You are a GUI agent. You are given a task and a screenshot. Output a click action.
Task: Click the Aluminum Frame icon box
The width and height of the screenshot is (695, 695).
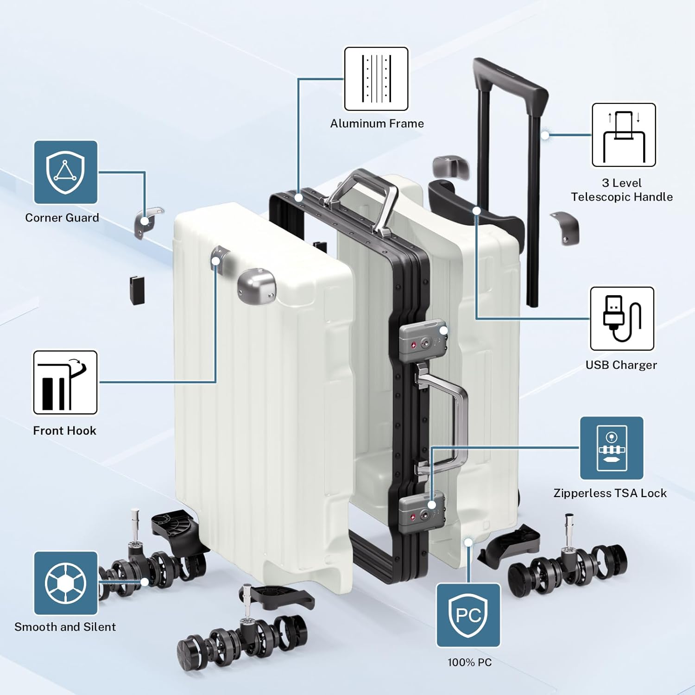coord(376,79)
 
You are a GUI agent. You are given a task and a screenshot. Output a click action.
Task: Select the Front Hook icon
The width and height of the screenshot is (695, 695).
coord(65,382)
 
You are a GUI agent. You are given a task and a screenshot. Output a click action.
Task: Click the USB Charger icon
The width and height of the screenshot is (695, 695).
coord(622,319)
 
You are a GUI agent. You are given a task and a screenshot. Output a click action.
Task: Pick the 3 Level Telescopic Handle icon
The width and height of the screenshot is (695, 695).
coord(624,135)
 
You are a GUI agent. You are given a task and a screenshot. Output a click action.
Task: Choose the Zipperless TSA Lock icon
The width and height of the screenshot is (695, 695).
coord(612,448)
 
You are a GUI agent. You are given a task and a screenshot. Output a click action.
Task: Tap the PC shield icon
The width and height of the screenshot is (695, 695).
coord(468,615)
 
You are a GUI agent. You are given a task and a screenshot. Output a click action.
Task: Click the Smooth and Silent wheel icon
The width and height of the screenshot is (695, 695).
coord(65,583)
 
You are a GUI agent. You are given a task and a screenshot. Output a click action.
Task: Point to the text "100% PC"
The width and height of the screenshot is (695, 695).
coord(469,663)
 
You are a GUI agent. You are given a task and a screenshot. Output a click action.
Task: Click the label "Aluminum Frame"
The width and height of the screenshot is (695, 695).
coord(377,124)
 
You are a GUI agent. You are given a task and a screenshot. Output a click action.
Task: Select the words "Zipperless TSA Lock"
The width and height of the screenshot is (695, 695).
coord(610,493)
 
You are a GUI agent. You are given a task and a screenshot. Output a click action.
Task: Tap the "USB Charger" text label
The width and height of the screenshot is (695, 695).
coord(621,365)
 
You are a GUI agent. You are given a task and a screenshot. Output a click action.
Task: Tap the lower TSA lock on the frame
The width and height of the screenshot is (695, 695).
coord(422,512)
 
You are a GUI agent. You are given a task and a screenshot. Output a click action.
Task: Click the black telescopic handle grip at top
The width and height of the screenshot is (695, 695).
coord(510,79)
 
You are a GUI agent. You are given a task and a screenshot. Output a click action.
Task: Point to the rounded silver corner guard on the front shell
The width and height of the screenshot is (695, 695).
coord(256,285)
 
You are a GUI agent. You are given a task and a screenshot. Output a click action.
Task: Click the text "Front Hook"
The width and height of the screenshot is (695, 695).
coord(65,430)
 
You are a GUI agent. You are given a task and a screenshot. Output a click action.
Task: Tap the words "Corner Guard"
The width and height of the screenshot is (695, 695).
coord(62,218)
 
